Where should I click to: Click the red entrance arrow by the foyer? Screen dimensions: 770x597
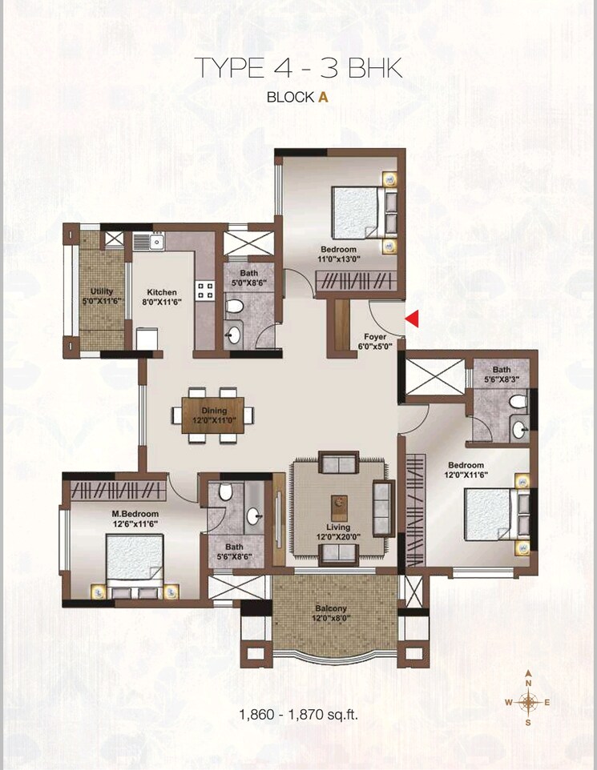413,319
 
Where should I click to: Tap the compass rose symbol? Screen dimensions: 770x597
528,702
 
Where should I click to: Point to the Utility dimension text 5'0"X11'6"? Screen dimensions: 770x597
103,302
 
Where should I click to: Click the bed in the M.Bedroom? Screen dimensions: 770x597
135,563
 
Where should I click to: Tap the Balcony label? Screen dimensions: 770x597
330,608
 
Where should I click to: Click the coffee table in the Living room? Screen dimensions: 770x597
340,503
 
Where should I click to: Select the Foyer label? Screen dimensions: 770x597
375,337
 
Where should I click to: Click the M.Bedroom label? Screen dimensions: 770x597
135,513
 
